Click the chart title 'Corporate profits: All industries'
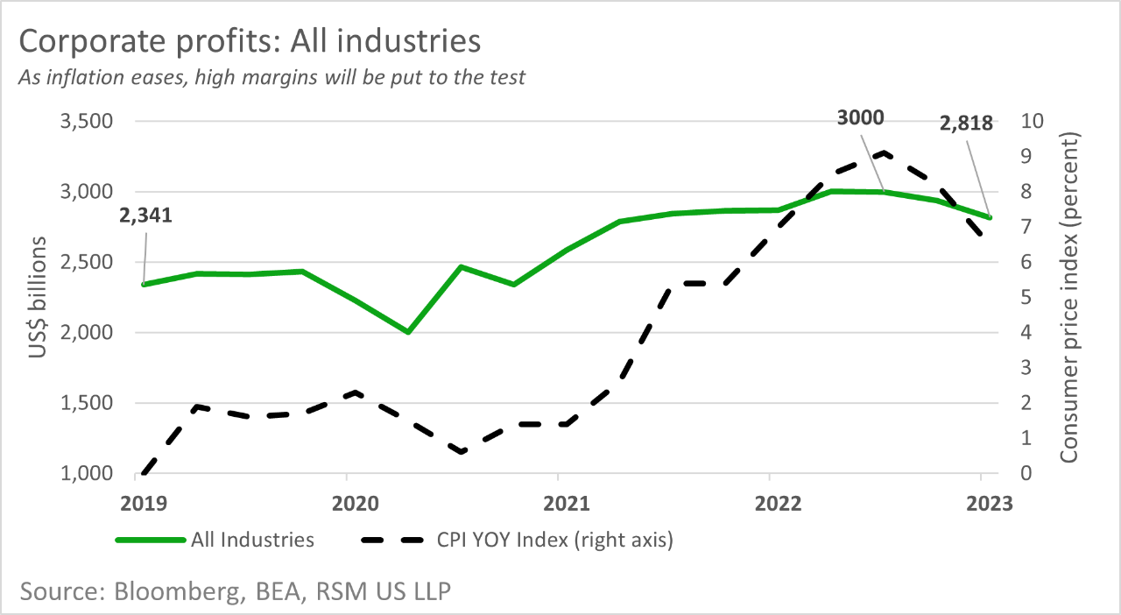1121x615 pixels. pos(249,41)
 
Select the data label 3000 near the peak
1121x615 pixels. pos(859,118)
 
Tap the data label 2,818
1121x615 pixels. pos(966,123)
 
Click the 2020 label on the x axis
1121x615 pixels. pos(347,504)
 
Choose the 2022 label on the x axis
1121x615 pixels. pos(769,504)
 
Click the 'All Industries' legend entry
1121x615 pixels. pos(252,540)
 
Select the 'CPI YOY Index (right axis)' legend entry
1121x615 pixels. pos(554,540)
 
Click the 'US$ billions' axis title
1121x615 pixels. pos(38,298)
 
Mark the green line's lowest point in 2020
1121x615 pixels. pos(408,332)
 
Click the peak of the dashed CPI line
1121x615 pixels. pos(884,153)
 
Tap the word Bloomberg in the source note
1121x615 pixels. pos(180,590)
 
